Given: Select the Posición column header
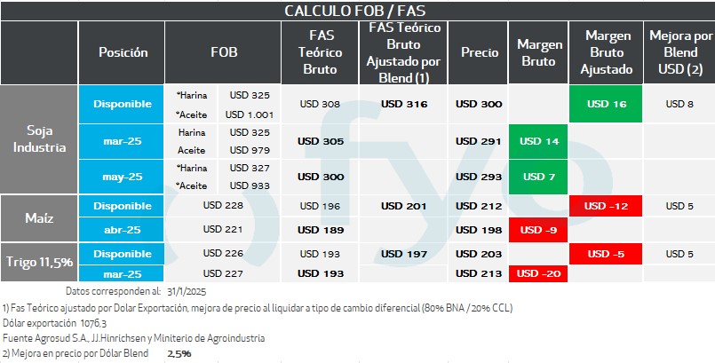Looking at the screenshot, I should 123,52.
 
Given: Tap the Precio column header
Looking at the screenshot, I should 479,52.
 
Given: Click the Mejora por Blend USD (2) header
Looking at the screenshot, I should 680,52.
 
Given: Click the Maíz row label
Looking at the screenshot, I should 39,218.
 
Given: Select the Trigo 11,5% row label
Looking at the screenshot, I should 39,263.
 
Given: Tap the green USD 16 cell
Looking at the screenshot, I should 607,104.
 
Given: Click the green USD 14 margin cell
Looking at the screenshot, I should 539,141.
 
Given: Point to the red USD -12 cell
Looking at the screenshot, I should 607,207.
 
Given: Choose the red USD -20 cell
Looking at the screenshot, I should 539,273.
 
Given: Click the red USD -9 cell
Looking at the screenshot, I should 539,230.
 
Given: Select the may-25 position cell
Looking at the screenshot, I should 123,177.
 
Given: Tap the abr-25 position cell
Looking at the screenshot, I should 123,230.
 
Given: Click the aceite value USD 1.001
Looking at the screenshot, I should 249,114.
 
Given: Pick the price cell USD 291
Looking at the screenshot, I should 479,141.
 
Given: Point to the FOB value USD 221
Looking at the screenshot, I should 223,230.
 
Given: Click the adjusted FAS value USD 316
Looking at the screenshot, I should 404,104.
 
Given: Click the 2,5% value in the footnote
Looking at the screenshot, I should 179,353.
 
